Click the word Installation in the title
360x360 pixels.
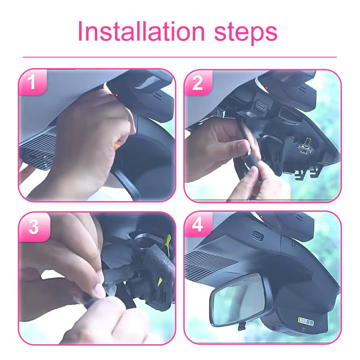(x=141, y=31)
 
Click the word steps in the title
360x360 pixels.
(x=246, y=34)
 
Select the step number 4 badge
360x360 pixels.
(x=198, y=224)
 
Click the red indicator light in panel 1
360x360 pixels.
(x=116, y=95)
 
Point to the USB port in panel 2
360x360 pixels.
(x=261, y=106)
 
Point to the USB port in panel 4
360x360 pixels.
(x=258, y=236)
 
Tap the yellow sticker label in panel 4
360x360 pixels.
(x=306, y=321)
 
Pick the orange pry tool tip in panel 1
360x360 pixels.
(x=116, y=145)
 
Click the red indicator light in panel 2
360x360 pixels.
(x=266, y=88)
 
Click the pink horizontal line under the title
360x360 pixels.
(x=180, y=57)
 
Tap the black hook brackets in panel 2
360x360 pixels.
(x=307, y=173)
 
